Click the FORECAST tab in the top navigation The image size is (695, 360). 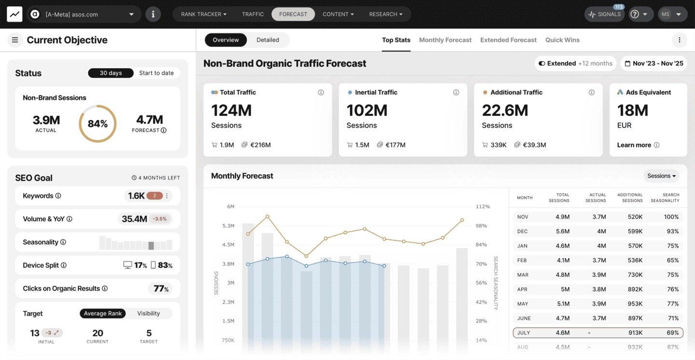point(293,14)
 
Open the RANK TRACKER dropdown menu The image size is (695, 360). point(203,14)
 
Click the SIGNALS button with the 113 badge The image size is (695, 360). point(604,14)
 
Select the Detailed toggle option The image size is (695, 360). point(267,40)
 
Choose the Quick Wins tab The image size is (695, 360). point(562,40)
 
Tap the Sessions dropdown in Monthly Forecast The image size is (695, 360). point(661,176)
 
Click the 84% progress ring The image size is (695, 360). point(97,124)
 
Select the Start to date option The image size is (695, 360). point(156,73)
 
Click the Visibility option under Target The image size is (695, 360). point(148,313)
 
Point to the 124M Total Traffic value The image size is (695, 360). point(231,111)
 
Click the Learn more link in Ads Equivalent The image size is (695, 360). point(634,145)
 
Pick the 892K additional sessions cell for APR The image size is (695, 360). point(632,289)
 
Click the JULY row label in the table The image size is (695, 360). point(524,332)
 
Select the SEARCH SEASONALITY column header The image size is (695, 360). point(665,197)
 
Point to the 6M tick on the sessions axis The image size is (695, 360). point(230,207)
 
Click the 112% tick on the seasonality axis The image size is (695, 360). point(482,207)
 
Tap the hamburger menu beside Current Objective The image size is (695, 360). point(15,40)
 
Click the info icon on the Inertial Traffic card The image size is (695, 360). point(456,92)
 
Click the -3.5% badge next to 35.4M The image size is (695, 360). point(159,219)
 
